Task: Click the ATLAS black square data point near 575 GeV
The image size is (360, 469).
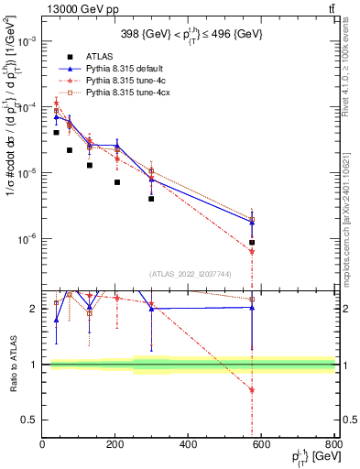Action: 252,243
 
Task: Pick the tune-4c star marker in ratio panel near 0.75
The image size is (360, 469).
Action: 252,391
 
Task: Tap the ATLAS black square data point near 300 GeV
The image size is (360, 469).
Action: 151,199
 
